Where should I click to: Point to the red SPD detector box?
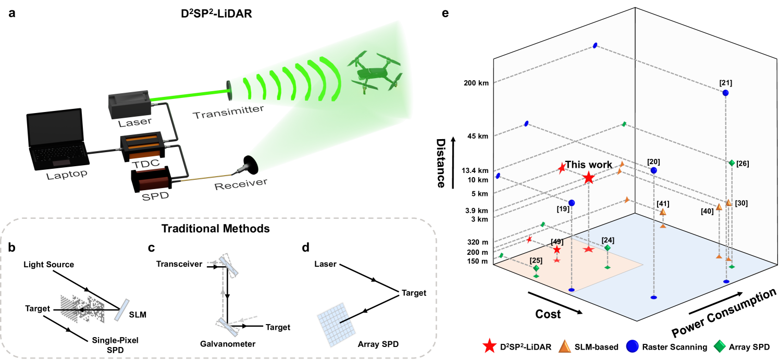(x=154, y=183)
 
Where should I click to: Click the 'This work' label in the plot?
(x=589, y=165)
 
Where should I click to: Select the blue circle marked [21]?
(x=725, y=93)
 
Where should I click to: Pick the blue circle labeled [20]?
(x=653, y=170)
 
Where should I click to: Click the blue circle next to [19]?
(x=572, y=203)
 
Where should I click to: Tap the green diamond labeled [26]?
(x=732, y=163)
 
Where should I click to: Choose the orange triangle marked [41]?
(x=663, y=212)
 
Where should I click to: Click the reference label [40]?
(x=707, y=211)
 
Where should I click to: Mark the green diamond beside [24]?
(x=608, y=248)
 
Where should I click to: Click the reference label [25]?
(x=536, y=260)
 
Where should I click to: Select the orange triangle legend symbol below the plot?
(x=564, y=346)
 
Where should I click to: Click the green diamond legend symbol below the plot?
(x=720, y=346)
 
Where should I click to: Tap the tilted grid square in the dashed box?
(x=337, y=324)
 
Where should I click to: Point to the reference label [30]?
(x=741, y=203)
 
